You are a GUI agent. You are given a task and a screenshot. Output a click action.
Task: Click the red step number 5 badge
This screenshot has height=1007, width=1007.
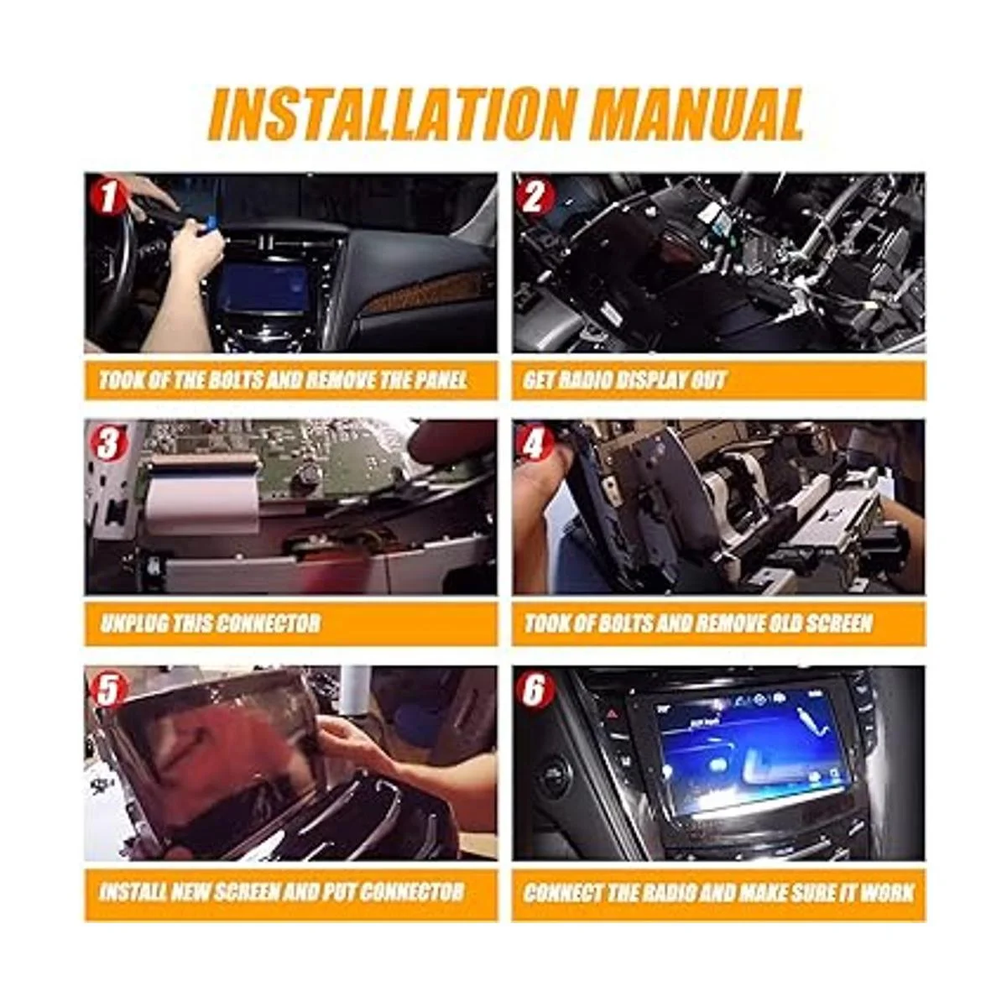coord(107,691)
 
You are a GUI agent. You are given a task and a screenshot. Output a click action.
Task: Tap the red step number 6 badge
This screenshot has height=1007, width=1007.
coord(533,691)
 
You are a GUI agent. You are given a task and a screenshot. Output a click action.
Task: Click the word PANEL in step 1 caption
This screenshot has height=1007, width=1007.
coord(440,380)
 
